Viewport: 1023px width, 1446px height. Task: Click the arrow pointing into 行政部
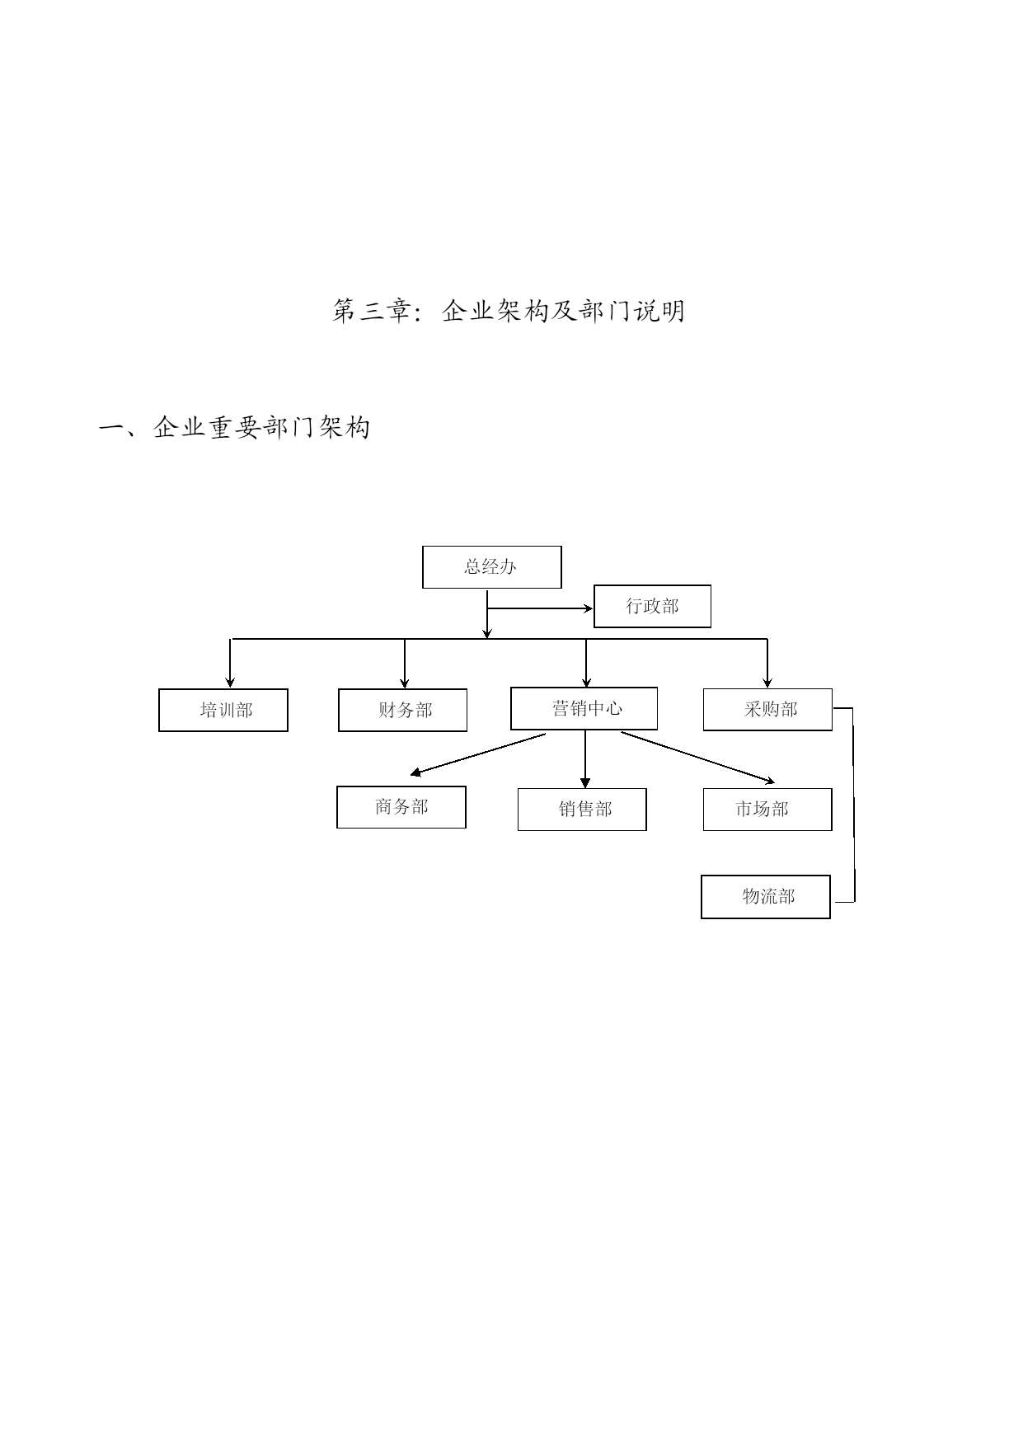540,609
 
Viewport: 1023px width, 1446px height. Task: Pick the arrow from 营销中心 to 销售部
585,759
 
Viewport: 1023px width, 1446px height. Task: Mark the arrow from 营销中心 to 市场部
698,757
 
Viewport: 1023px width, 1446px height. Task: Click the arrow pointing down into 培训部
230,663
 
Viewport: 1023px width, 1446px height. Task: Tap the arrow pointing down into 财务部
405,663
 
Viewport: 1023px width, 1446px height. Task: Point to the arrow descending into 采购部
767,663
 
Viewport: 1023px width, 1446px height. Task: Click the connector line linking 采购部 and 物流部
853,805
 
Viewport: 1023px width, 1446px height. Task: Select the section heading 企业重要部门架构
262,427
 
